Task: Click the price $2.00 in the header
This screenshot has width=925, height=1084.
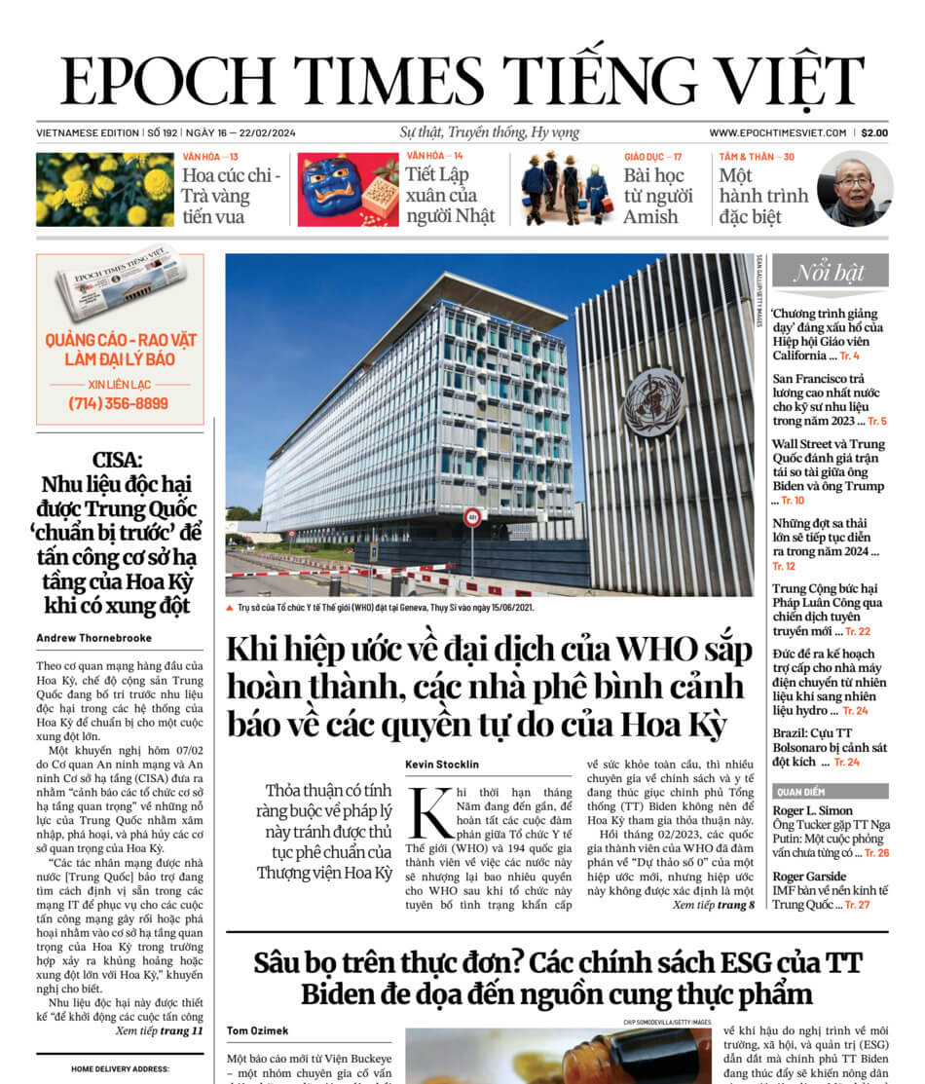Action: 873,133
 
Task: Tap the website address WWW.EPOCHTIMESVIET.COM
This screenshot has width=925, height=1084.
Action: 777,133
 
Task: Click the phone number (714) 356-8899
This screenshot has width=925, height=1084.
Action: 119,403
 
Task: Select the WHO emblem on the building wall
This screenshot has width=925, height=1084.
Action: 653,401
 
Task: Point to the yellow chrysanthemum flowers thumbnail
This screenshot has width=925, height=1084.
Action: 104,190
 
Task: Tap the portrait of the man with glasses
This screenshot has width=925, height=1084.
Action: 854,191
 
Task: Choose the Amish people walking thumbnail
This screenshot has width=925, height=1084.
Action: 565,190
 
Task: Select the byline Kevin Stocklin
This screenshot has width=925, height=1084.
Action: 443,765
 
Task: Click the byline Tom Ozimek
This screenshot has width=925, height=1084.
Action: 258,1030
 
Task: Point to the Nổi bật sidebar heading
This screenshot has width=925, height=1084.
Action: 830,272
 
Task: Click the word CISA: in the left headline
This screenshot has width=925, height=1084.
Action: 119,460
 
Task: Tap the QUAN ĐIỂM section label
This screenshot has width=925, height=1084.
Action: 801,791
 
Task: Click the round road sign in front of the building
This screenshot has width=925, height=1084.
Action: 472,517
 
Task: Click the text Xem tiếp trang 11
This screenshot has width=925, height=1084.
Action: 159,1030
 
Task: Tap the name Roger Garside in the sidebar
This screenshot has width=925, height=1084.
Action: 809,876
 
